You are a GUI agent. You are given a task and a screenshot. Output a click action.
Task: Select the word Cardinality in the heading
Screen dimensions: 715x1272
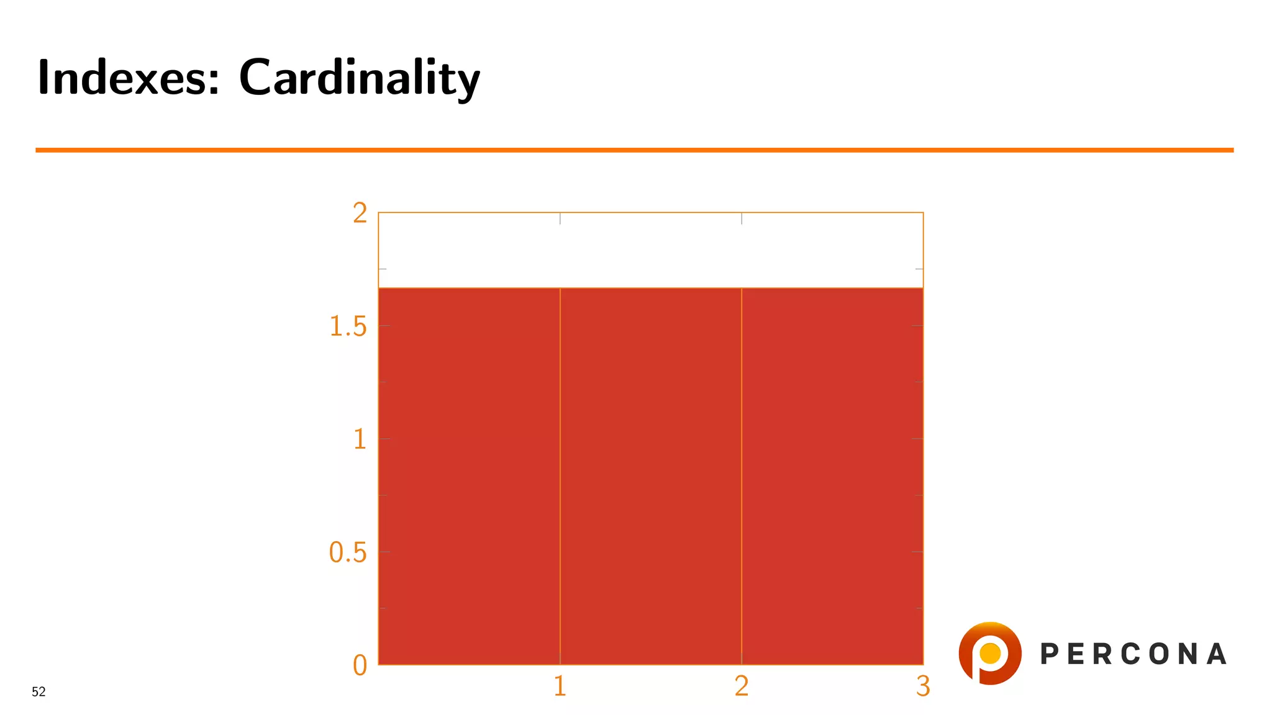pyautogui.click(x=359, y=78)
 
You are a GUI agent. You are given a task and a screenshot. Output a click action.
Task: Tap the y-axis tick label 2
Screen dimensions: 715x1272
pyautogui.click(x=360, y=214)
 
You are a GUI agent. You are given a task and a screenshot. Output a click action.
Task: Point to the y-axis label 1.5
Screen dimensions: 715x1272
pyautogui.click(x=348, y=326)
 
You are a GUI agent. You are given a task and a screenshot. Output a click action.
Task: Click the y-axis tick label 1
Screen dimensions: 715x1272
pyautogui.click(x=360, y=439)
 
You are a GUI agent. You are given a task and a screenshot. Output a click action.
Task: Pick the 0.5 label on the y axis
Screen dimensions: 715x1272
pyautogui.click(x=348, y=552)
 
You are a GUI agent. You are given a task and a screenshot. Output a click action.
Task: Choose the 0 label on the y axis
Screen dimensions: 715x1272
pyautogui.click(x=360, y=665)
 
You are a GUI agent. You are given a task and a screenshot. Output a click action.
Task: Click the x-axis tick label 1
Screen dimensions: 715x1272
pyautogui.click(x=560, y=686)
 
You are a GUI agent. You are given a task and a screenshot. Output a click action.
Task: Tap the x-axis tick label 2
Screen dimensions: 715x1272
pyautogui.click(x=742, y=686)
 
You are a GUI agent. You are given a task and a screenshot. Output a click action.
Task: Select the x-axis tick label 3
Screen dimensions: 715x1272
pyautogui.click(x=923, y=686)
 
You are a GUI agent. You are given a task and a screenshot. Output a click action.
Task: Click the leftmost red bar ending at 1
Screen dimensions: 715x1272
pyautogui.click(x=469, y=476)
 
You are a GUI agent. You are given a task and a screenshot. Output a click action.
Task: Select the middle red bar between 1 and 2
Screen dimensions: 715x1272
pyautogui.click(x=650, y=476)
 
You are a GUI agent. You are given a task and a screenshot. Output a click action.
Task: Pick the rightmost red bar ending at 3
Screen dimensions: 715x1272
pyautogui.click(x=832, y=476)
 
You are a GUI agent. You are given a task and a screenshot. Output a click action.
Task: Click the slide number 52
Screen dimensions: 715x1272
pyautogui.click(x=39, y=692)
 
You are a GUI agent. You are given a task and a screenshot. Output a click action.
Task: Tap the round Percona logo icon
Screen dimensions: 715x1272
pyautogui.click(x=990, y=653)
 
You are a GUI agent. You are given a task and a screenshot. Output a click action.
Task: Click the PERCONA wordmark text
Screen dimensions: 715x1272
pyautogui.click(x=1133, y=654)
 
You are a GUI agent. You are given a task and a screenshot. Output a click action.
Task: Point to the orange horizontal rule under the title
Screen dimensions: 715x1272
pyautogui.click(x=634, y=150)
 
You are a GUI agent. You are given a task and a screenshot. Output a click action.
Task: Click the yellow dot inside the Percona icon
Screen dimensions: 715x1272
pyautogui.click(x=990, y=653)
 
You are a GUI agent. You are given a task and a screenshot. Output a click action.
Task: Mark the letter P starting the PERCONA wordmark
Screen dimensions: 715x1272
pyautogui.click(x=1049, y=654)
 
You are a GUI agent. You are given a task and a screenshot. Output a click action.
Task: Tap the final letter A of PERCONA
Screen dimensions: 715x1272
pyautogui.click(x=1217, y=654)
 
